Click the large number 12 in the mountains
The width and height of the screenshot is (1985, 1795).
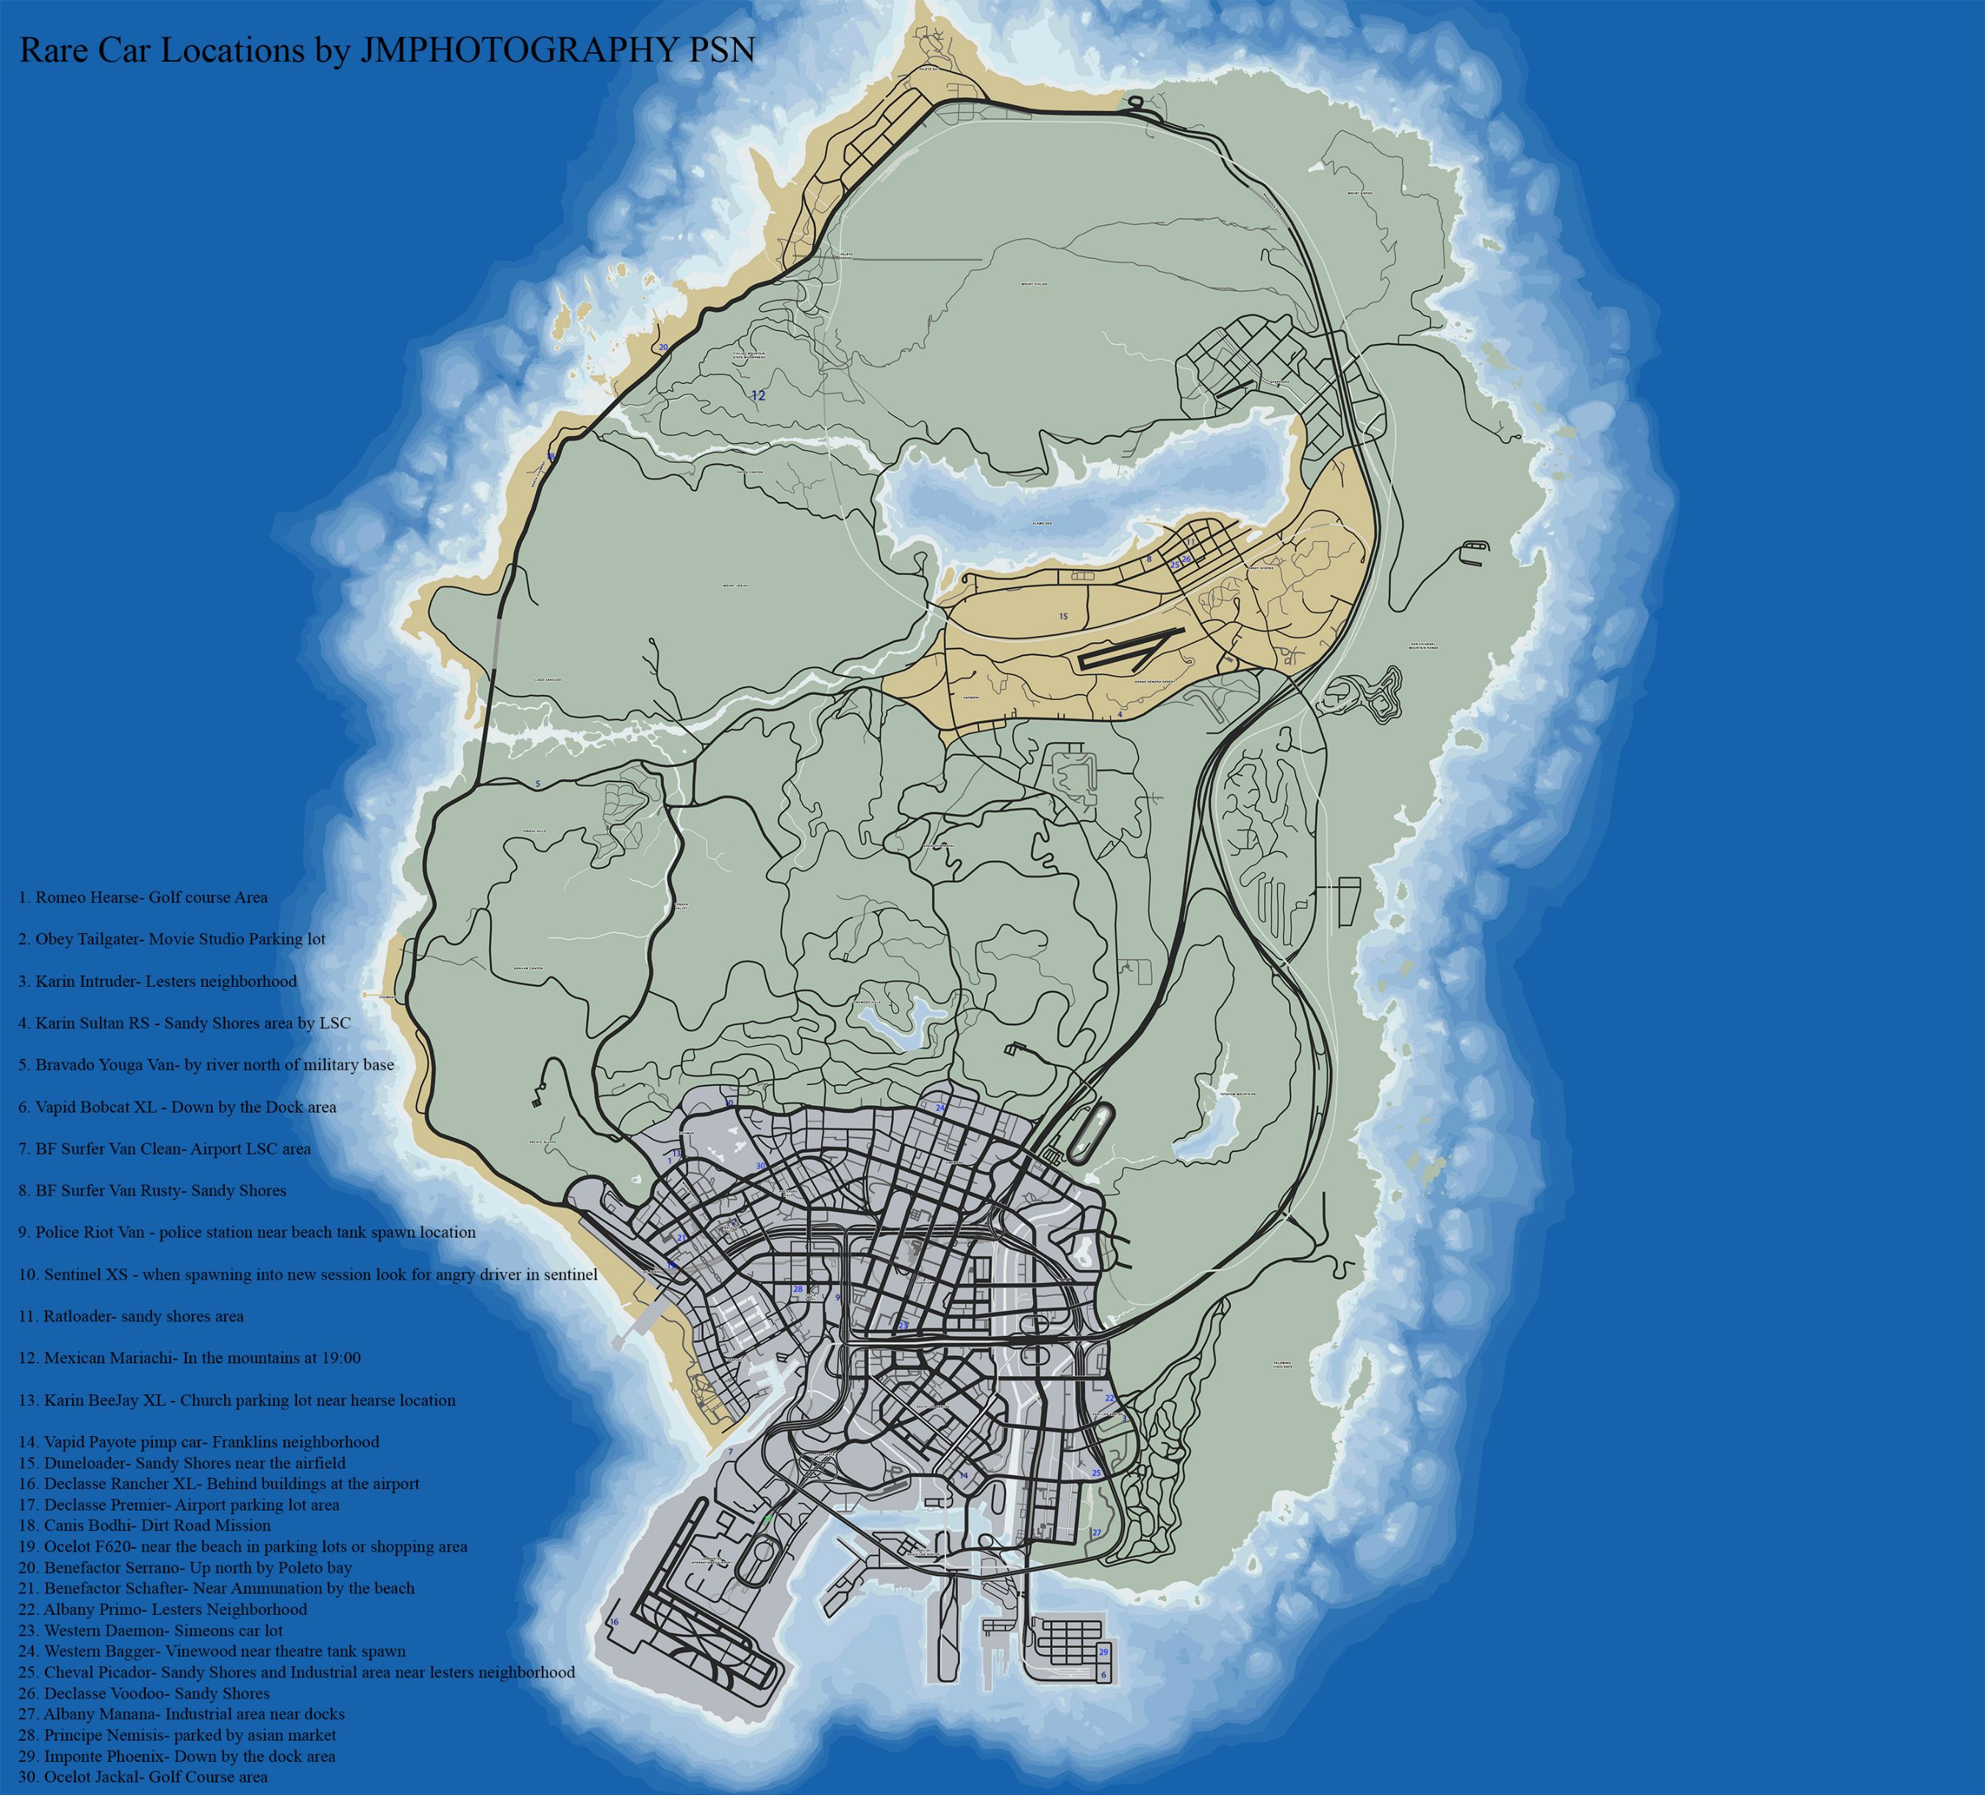(757, 396)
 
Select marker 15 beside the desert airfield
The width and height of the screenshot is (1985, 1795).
(1063, 616)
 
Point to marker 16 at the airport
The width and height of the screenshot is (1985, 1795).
(615, 1621)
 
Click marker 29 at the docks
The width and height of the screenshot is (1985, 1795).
(1104, 1652)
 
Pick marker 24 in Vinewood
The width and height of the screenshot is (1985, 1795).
(940, 1107)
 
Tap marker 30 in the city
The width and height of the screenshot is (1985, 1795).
(760, 1166)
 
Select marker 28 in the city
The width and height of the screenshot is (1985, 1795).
(798, 1289)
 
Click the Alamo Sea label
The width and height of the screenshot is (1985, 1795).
(1042, 524)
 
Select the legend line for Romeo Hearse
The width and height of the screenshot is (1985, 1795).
(143, 897)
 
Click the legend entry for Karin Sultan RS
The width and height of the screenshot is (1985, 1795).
(184, 1023)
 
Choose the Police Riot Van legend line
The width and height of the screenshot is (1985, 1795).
(246, 1232)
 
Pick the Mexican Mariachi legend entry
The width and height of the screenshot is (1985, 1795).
(189, 1357)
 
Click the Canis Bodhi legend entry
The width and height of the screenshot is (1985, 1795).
(144, 1525)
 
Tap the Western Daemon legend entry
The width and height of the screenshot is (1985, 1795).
(150, 1630)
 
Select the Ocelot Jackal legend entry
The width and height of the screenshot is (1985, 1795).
(143, 1777)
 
